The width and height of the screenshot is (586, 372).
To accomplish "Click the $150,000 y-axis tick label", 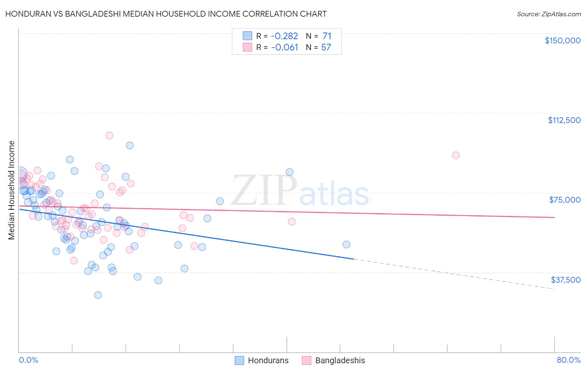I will coord(562,40).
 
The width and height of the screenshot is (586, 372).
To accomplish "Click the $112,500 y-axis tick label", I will coord(564,120).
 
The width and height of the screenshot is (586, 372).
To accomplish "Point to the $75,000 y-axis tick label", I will coord(565,200).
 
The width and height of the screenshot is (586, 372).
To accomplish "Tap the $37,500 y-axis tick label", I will coord(566,280).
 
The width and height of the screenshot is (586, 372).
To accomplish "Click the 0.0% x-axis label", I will coord(28,360).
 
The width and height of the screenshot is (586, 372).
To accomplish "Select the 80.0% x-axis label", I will coord(568,360).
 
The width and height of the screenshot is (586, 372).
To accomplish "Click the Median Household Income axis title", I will coord(12,190).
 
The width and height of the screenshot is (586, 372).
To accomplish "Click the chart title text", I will coord(165,14).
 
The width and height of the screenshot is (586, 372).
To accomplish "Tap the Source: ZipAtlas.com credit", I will coord(548,14).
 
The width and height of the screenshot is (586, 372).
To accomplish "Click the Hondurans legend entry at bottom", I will coord(268,360).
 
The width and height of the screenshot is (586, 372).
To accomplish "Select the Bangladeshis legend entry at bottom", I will coord(340,360).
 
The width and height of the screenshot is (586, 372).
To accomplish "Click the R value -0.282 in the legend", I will coord(284,36).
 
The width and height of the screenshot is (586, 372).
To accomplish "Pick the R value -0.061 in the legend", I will coord(284,48).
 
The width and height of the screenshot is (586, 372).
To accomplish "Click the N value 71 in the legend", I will coord(327,36).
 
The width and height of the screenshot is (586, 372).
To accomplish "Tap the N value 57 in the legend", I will coord(326,48).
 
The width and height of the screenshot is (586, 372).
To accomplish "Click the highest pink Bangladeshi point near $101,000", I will coord(109,136).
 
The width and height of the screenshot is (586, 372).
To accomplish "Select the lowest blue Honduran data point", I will coord(98,295).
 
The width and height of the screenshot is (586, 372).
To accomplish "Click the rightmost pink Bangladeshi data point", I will coord(456,155).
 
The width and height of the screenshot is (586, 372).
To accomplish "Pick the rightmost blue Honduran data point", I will coord(346,244).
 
